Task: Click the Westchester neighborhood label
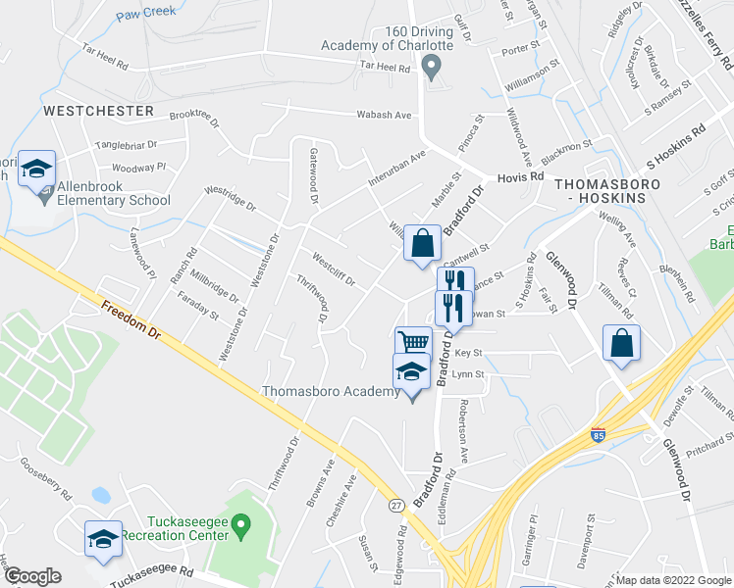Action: coord(98,111)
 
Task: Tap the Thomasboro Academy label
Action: coord(330,392)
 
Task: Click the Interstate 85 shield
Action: coord(597,432)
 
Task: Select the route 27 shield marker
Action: coord(395,504)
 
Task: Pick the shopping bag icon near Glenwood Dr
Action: coord(621,343)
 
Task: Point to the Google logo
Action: coord(31,576)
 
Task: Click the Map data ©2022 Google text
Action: coord(673,580)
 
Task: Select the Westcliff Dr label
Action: coord(333,271)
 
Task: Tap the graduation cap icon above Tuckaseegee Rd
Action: coord(103,539)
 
